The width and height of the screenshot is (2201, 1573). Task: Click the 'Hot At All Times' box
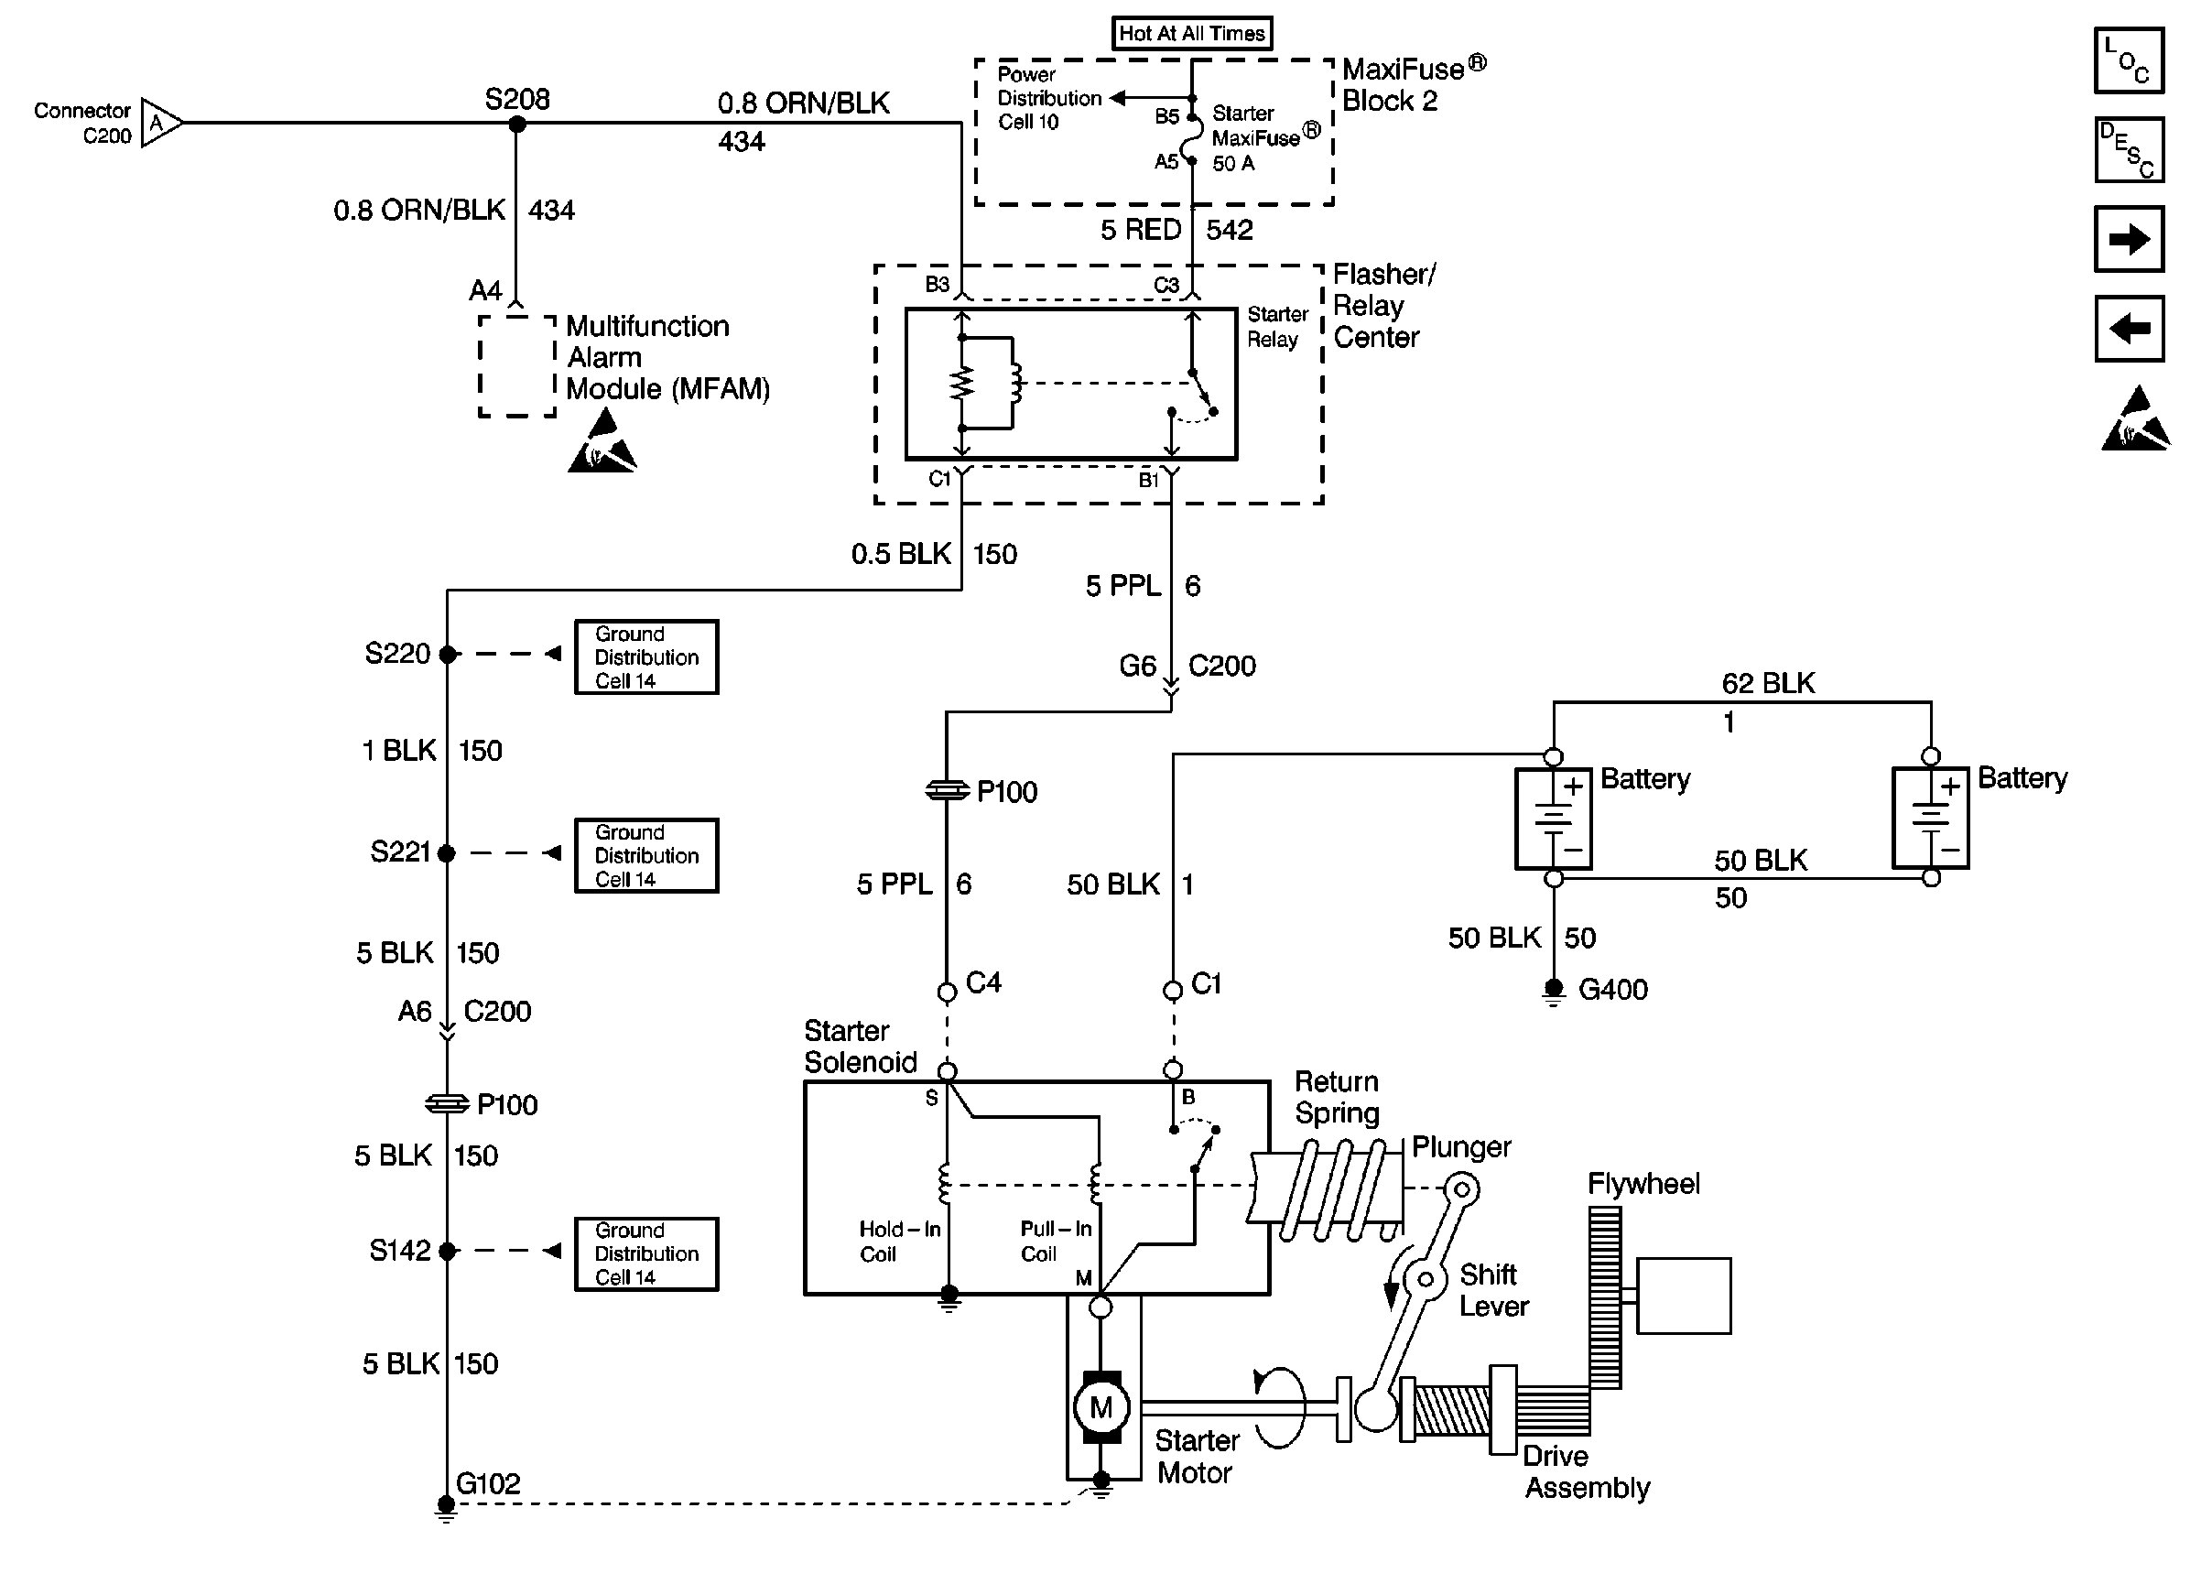coord(1191,33)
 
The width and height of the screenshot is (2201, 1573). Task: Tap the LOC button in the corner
coord(2129,60)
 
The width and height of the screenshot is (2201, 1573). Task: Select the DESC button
coord(2129,150)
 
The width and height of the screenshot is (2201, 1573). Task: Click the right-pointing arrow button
coord(2129,239)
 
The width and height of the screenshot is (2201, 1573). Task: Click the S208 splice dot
coord(517,124)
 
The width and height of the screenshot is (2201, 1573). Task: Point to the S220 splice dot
coord(448,655)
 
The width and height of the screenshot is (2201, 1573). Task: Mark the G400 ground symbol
coord(1553,990)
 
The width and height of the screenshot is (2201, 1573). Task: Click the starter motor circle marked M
coord(1101,1406)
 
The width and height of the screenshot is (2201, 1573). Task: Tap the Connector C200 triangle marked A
coord(158,123)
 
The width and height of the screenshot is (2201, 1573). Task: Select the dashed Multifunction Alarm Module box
coord(517,366)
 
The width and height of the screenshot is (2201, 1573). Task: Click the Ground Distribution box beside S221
coord(645,855)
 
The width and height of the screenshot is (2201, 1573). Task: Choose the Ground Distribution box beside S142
coord(645,1253)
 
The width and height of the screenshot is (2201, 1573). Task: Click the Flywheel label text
coord(1643,1184)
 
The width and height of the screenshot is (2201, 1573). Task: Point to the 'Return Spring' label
coord(1337,1098)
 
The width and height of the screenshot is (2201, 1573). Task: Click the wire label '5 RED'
coord(1140,230)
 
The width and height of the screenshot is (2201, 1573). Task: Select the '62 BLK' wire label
coord(1767,683)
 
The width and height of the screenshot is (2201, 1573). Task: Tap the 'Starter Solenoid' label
coord(860,1047)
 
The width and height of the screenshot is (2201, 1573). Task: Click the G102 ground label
coord(488,1484)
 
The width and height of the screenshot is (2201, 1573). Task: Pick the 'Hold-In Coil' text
coord(898,1241)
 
